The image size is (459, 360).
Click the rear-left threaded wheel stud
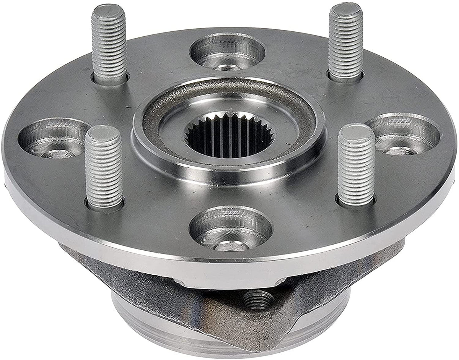109,44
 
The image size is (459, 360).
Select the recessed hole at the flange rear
228,52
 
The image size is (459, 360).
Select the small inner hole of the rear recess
228,67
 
